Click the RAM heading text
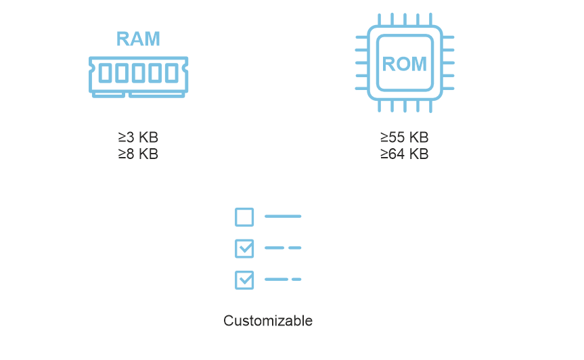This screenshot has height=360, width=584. pos(138,39)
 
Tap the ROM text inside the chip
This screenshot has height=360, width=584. pos(405,64)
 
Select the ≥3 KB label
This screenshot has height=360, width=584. pos(138,138)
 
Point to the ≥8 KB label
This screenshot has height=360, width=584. pos(138,154)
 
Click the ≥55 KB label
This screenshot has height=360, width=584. pos(405,138)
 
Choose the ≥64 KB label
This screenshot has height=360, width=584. pos(405,154)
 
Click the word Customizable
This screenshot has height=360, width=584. pos(268,321)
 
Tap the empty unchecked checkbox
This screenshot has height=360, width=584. pos(244,217)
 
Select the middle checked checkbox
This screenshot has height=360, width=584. pos(244,248)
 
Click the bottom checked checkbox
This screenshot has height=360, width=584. pos(244,279)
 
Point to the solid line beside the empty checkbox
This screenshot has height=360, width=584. pos(283,217)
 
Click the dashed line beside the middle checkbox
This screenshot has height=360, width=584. pos(283,248)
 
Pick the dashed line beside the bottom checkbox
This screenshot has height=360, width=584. pos(283,279)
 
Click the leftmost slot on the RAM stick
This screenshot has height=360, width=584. pos(105,73)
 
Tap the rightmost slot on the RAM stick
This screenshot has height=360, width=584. pos(172,73)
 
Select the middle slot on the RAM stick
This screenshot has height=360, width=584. pos(138,73)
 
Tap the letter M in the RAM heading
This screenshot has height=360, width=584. pos(152,39)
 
